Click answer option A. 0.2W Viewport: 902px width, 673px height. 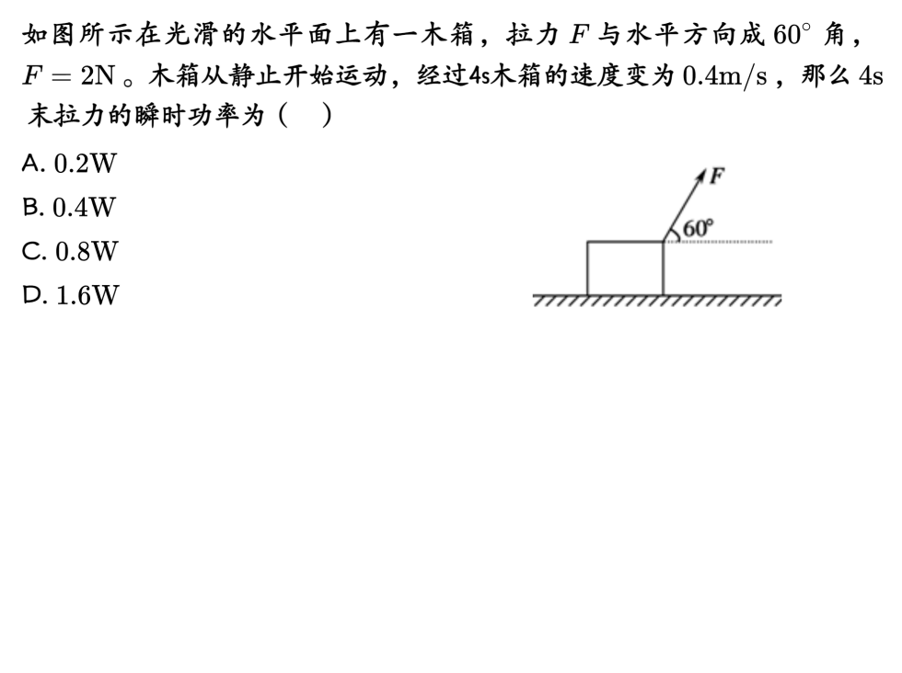(x=70, y=164)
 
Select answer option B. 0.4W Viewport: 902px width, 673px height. (x=70, y=208)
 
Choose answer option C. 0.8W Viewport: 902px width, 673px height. (x=70, y=251)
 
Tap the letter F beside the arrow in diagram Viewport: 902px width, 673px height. (x=718, y=175)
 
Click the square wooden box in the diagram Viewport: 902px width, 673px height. (x=625, y=268)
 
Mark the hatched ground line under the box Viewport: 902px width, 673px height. (x=657, y=301)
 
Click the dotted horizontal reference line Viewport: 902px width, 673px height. (x=727, y=243)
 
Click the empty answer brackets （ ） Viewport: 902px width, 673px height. (x=304, y=117)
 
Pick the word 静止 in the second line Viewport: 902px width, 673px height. (x=248, y=76)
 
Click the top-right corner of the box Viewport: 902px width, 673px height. (x=663, y=243)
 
